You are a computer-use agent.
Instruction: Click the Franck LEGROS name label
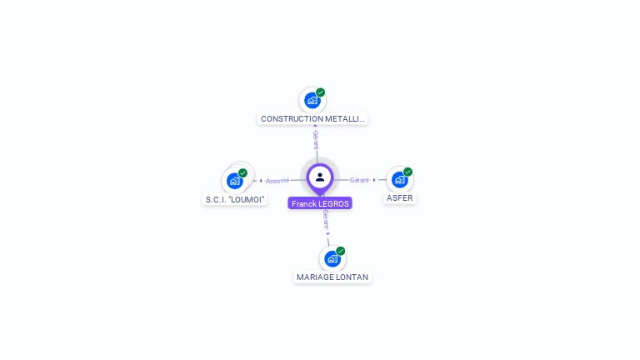pos(320,203)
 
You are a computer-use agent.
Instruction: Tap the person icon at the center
pos(320,177)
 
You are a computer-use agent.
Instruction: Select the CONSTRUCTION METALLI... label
pos(312,119)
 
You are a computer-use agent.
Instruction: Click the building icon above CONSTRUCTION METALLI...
pos(312,101)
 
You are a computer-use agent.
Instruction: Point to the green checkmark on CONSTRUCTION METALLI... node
pos(321,92)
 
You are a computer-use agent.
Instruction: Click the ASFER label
pos(400,198)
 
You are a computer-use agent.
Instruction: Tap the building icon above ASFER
pos(400,180)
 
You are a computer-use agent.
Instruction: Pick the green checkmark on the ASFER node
pos(408,172)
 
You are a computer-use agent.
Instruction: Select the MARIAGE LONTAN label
pos(332,277)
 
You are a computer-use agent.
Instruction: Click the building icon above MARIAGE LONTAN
pos(332,259)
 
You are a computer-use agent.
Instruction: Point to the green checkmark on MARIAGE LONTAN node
pos(341,251)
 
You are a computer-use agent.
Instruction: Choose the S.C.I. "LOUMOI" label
pos(235,200)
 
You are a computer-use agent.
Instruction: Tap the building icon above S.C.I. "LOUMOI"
pos(235,181)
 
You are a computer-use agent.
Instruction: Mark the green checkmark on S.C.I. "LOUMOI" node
pos(243,172)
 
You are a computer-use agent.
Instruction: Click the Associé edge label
pos(277,181)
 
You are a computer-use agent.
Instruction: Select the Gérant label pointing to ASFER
pos(359,180)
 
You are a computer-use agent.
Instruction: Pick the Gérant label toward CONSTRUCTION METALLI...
pos(316,140)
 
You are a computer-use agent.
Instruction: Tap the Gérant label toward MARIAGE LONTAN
pos(326,219)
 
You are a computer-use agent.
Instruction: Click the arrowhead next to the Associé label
pos(261,181)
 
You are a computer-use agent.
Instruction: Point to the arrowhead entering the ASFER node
pos(375,180)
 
